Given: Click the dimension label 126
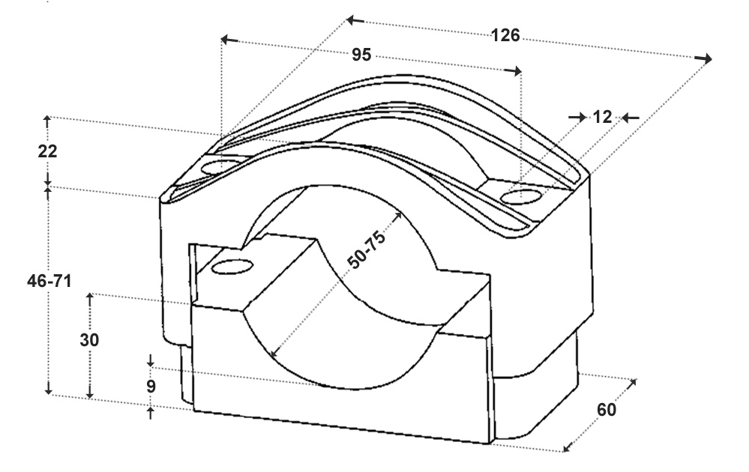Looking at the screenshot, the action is [505, 35].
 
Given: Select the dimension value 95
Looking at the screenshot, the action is [361, 55].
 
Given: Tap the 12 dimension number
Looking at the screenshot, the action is [602, 117].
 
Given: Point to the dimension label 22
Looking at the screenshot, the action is [47, 151].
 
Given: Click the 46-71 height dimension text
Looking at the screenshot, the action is [49, 281].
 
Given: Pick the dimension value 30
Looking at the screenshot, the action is [89, 340].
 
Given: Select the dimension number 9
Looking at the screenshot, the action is [151, 386].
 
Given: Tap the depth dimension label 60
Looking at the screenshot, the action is [607, 410].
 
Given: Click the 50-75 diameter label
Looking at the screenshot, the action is [366, 249].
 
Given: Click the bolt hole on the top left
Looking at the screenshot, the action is [220, 168].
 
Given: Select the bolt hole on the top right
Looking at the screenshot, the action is [522, 196].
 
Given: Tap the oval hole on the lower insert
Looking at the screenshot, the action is [232, 267].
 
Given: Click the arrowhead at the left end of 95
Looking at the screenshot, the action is [229, 39].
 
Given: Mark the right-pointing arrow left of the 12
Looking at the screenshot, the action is [577, 117].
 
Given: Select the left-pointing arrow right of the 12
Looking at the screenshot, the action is [631, 118].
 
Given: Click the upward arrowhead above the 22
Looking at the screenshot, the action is [46, 121].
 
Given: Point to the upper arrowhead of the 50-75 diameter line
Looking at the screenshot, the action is [397, 216].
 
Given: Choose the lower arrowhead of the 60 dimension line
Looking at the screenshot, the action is [568, 447].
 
